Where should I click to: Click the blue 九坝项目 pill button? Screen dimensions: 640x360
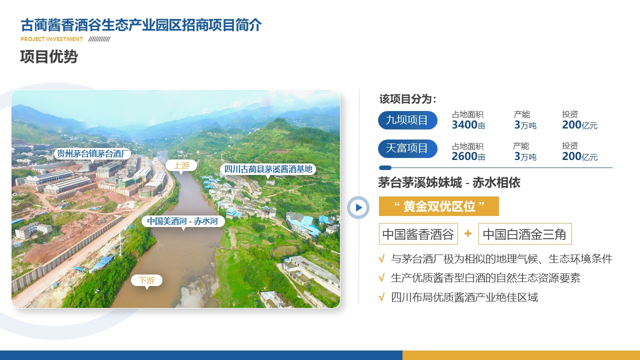tap(407, 120)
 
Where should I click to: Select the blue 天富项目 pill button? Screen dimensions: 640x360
tap(407, 148)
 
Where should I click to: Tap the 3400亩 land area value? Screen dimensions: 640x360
tap(468, 125)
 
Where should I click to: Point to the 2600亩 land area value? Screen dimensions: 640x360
tap(468, 156)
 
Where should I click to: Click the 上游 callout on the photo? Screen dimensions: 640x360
tap(181, 165)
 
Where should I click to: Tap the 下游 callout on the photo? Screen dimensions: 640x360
tap(146, 280)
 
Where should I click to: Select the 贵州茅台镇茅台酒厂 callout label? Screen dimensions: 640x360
tap(92, 153)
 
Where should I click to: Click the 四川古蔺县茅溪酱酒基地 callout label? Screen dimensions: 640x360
tap(268, 169)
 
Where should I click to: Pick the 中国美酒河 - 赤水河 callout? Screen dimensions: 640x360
tap(183, 221)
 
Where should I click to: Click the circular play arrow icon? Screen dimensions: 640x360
tap(358, 207)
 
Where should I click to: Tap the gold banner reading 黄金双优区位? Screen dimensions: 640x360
tap(439, 206)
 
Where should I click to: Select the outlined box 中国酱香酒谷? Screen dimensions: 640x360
tap(418, 234)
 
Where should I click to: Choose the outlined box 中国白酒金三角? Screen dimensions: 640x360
tap(525, 234)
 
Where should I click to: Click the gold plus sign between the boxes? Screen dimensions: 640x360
tap(468, 233)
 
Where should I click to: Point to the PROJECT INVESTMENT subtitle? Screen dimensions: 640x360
tap(51, 39)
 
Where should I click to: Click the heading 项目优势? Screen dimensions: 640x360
tap(49, 56)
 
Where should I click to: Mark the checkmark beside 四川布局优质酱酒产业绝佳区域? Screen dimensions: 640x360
tap(381, 297)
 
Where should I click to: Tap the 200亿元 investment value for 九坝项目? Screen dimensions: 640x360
tap(579, 125)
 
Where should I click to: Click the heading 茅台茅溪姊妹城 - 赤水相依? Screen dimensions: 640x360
tap(449, 182)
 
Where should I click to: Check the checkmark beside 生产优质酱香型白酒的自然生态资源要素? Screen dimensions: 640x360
tap(381, 278)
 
